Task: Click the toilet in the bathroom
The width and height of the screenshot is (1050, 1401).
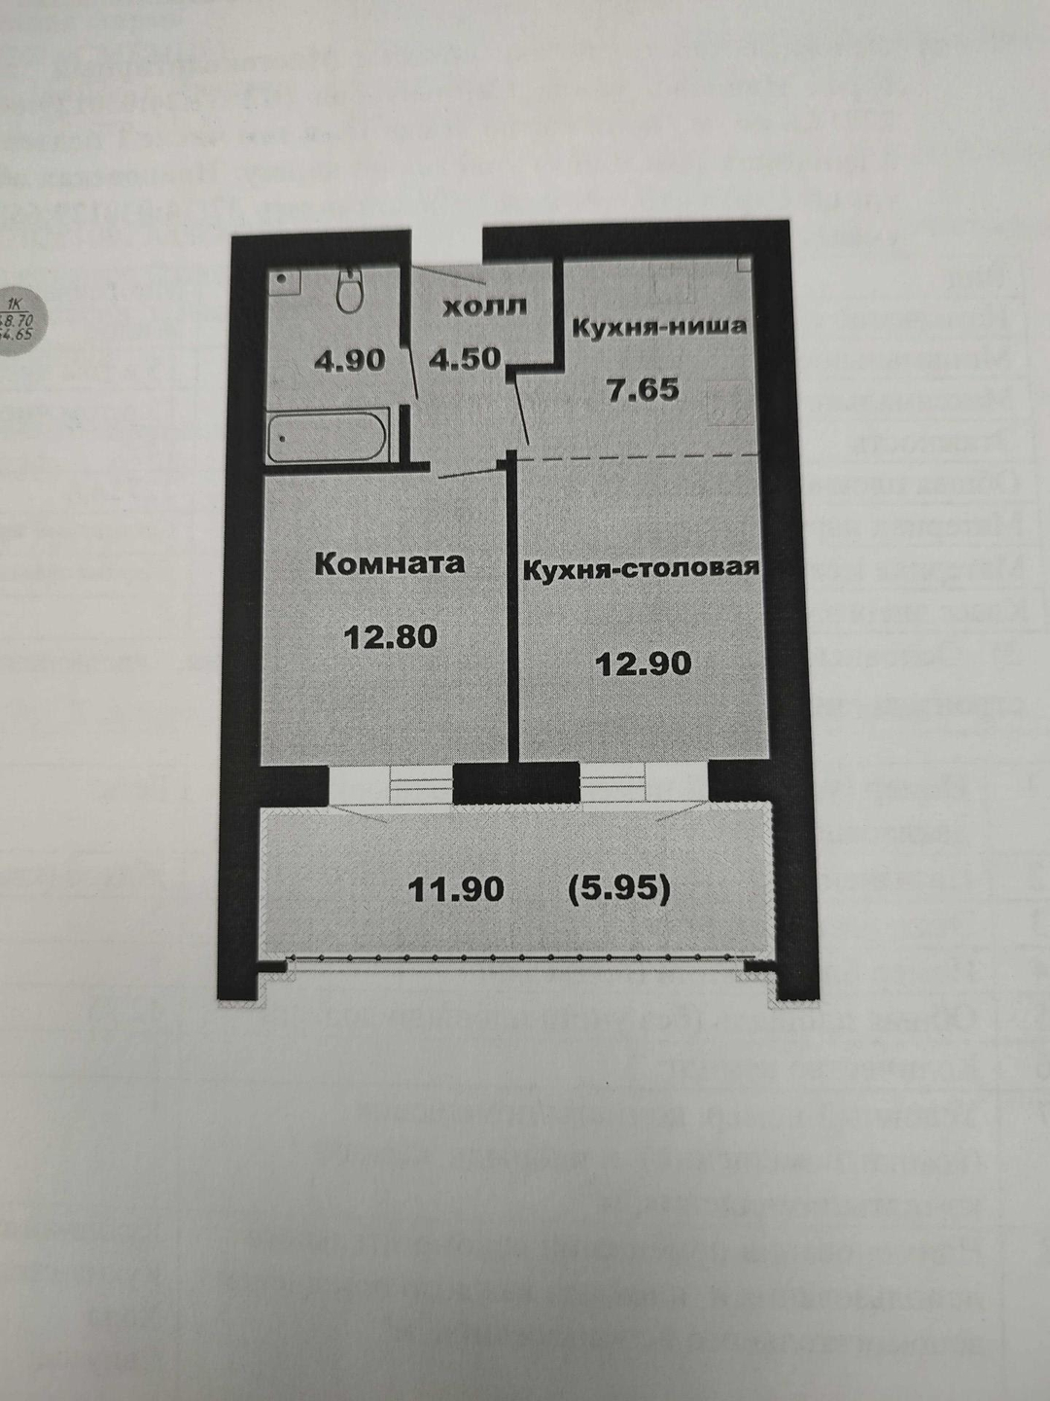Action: click(x=348, y=289)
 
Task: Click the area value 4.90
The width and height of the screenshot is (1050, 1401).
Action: click(x=349, y=360)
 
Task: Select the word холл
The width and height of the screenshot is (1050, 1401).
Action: click(x=484, y=306)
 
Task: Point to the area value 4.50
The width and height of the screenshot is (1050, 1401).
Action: click(x=465, y=358)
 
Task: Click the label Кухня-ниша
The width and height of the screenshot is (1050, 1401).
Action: click(x=658, y=326)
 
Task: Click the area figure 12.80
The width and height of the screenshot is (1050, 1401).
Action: click(x=391, y=636)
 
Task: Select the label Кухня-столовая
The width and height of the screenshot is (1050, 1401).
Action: click(x=641, y=568)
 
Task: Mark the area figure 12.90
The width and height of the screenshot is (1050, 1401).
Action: click(x=644, y=664)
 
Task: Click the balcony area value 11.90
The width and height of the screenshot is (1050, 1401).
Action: click(x=456, y=888)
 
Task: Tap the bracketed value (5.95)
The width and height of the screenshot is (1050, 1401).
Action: click(x=618, y=888)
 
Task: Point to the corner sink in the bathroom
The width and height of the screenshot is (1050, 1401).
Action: click(x=283, y=280)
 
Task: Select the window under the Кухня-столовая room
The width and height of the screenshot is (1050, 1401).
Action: click(x=643, y=782)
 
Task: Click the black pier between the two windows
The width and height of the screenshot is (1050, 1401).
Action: click(x=516, y=784)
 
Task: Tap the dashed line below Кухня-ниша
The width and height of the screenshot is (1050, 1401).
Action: click(x=642, y=455)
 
